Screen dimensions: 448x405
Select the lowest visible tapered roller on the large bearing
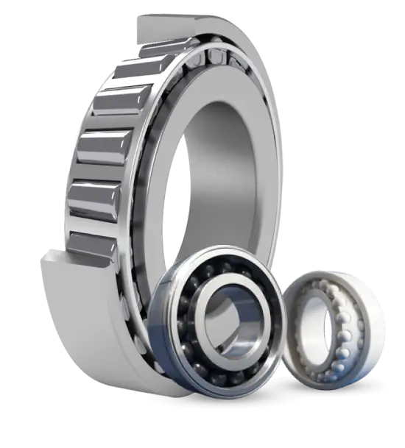tap(96, 243)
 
